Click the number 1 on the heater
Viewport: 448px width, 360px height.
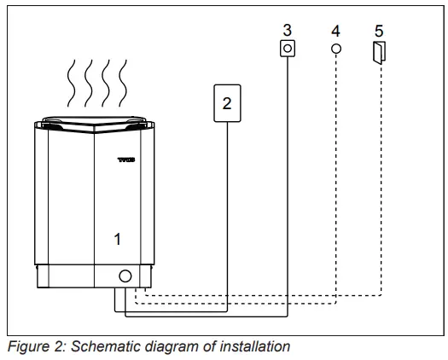pos(118,240)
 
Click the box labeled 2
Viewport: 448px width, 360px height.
pos(227,103)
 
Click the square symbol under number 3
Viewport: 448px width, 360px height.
pos(288,50)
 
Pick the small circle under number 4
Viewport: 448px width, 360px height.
pos(336,49)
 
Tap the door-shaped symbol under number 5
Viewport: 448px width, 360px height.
pos(380,54)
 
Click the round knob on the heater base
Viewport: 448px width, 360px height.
pos(125,276)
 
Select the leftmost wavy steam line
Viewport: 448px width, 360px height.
pos(72,81)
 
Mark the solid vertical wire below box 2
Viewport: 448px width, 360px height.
pos(227,213)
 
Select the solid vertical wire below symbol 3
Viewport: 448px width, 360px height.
pos(288,188)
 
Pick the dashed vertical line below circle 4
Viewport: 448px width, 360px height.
pos(336,171)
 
